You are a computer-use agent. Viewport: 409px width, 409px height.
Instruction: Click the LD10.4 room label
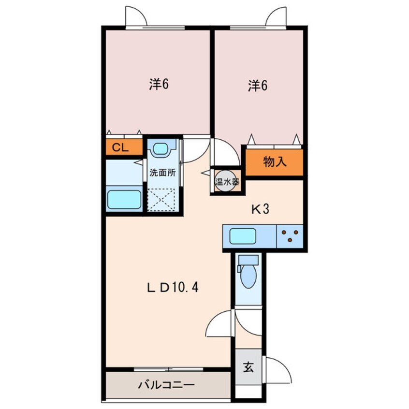pyautogui.click(x=173, y=288)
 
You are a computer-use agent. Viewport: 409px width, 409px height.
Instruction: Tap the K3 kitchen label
pyautogui.click(x=260, y=209)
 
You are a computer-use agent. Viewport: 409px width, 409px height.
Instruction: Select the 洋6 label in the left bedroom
pyautogui.click(x=159, y=84)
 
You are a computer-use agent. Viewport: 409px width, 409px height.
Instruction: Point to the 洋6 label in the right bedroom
pyautogui.click(x=258, y=86)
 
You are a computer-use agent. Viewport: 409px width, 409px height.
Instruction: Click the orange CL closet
pyautogui.click(x=124, y=147)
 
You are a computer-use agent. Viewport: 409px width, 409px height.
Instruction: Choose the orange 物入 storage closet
pyautogui.click(x=275, y=162)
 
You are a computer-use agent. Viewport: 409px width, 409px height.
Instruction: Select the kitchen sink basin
pyautogui.click(x=243, y=236)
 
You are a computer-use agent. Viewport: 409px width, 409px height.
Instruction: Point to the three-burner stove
pyautogui.click(x=290, y=236)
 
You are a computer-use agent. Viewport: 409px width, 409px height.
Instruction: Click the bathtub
pyautogui.click(x=124, y=199)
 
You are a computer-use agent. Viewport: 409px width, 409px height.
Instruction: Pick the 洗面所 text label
pyautogui.click(x=162, y=173)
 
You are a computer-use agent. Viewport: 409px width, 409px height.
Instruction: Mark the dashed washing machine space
pyautogui.click(x=161, y=199)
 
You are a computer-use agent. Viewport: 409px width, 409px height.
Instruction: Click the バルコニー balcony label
pyautogui.click(x=166, y=385)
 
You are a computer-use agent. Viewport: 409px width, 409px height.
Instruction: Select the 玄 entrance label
pyautogui.click(x=248, y=367)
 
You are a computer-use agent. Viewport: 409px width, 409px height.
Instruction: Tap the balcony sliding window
pyautogui.click(x=169, y=369)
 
